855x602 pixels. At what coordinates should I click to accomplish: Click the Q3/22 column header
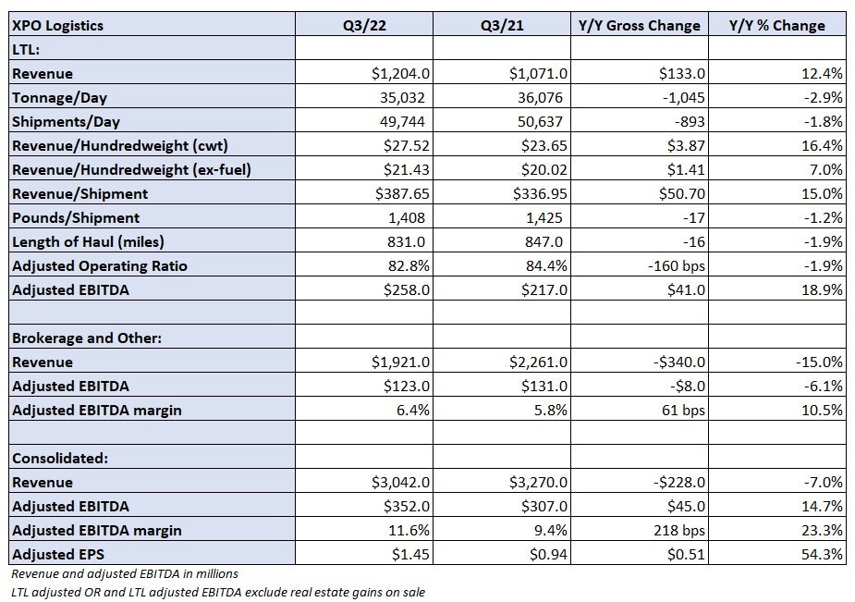pos(364,26)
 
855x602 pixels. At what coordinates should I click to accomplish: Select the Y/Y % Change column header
pos(777,26)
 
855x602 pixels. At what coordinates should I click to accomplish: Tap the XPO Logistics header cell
pos(57,26)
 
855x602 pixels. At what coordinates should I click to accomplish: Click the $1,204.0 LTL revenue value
pos(400,73)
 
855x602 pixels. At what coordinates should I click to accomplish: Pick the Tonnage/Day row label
pos(59,98)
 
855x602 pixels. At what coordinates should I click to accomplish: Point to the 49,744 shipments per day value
pos(402,121)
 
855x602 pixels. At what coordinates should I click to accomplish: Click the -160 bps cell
pos(677,265)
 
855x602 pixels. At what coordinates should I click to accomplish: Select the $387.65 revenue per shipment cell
pos(402,193)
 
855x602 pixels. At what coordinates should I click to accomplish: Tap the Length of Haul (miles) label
pos(88,241)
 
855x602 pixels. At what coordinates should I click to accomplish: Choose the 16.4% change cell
pos(823,145)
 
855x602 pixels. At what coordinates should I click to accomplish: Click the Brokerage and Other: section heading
pos(87,338)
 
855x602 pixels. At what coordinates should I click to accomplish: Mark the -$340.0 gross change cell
pos(678,362)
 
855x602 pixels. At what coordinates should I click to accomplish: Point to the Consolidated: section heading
pos(60,458)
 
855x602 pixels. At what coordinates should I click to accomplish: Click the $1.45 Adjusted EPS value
pos(410,554)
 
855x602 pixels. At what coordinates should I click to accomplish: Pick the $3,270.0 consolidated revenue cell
pos(538,482)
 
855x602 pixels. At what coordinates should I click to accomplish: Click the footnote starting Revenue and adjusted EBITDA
pos(125,573)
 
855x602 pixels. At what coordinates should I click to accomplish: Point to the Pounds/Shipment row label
pos(76,217)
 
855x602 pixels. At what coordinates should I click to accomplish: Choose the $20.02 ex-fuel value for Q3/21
pos(544,169)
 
